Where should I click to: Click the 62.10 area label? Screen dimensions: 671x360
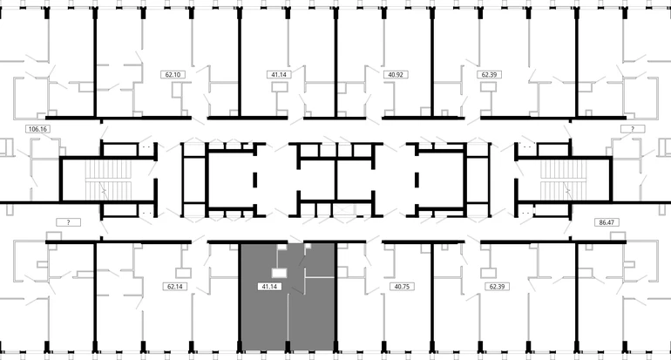point(173,74)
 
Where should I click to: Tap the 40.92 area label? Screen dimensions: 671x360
point(396,74)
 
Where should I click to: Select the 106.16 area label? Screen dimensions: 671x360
point(37,129)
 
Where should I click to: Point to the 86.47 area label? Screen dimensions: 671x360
point(607,222)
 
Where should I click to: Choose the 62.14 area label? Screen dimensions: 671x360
point(175,287)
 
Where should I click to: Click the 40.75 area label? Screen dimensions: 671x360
point(402,287)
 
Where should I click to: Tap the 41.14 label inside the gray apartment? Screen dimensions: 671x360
point(269,287)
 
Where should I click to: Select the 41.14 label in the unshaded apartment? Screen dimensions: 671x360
point(279,74)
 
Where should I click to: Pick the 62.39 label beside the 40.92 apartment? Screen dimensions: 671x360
point(489,74)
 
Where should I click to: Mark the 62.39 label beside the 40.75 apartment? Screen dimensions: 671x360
point(497,287)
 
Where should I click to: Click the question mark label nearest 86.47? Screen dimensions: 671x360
point(633,129)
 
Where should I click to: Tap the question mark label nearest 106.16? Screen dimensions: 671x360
point(69,222)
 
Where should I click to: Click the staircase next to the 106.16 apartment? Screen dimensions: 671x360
point(108,180)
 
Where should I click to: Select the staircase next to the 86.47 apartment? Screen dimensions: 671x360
point(563,180)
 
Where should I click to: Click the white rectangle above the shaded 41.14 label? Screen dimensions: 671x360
point(280,273)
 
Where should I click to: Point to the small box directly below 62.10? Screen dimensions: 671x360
point(180,91)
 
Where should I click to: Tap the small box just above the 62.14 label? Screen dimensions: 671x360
point(184,273)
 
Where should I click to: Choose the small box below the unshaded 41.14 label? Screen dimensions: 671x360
point(280,87)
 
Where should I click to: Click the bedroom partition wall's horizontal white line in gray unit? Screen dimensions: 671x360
point(319,277)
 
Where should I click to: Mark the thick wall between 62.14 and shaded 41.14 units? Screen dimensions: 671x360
point(240,297)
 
